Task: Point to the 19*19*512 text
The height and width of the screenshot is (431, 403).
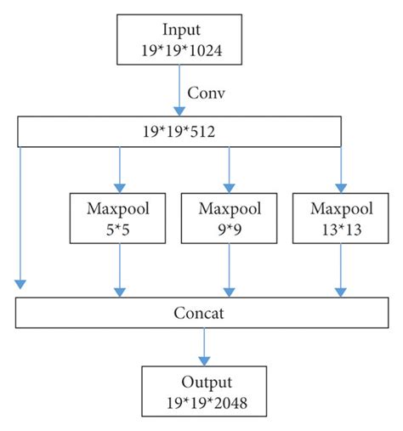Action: [x=179, y=131]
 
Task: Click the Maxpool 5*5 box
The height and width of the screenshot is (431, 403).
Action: [x=119, y=218]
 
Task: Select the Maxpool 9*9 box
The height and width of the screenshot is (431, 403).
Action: [x=228, y=218]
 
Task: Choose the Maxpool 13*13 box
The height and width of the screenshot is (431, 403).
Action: [x=340, y=218]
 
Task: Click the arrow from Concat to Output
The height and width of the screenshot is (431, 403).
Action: [x=202, y=346]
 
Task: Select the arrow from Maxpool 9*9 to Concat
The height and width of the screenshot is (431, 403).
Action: [x=228, y=270]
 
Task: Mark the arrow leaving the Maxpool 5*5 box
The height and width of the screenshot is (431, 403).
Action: [x=119, y=270]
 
